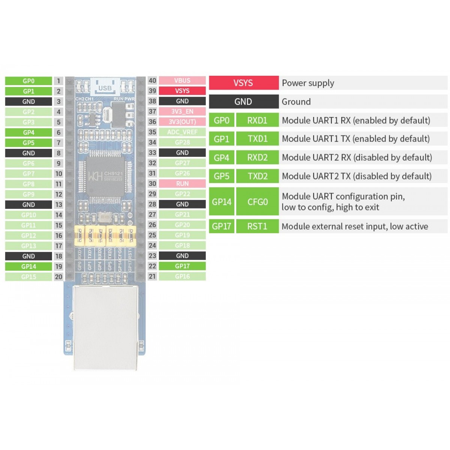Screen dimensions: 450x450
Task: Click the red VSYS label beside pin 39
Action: (x=182, y=91)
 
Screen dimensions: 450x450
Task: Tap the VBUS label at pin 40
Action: (x=182, y=81)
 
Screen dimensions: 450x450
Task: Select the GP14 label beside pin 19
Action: (x=28, y=267)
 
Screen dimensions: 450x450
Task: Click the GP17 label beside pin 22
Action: (x=182, y=266)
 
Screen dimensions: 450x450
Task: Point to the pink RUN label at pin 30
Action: (x=182, y=184)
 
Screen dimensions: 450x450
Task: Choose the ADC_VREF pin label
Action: (x=182, y=132)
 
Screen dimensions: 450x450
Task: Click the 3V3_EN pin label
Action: (x=182, y=111)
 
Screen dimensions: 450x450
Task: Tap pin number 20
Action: (x=58, y=277)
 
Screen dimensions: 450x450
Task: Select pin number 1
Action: (x=58, y=81)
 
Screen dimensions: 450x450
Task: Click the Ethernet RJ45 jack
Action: (x=105, y=326)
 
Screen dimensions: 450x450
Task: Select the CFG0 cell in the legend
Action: (x=258, y=202)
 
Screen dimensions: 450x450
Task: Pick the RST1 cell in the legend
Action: (x=258, y=226)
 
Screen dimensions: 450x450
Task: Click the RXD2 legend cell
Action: (x=258, y=157)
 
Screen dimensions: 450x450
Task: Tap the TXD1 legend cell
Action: (x=258, y=139)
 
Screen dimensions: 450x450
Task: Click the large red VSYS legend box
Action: (x=243, y=83)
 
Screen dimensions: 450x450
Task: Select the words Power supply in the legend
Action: (x=308, y=83)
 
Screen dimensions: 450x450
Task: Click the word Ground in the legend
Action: (x=296, y=102)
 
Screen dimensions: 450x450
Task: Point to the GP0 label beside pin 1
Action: (x=28, y=81)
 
